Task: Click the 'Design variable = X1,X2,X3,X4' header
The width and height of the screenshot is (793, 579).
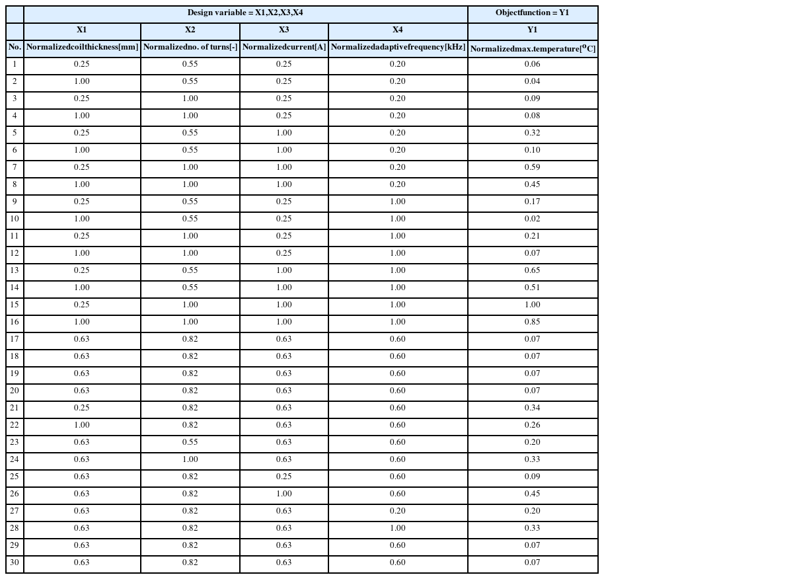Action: tap(245, 13)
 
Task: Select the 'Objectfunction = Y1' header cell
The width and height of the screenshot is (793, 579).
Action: tap(532, 13)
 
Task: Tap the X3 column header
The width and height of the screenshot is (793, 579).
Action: tap(283, 30)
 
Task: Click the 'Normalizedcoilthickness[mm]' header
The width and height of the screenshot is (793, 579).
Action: tap(82, 48)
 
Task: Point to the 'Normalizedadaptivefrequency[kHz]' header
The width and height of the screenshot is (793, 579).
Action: tap(398, 48)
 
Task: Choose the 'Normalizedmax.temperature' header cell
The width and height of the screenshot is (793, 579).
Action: tap(532, 48)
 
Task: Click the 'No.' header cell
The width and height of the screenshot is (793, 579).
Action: tap(15, 48)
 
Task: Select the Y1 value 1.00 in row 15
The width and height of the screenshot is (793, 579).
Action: tap(532, 305)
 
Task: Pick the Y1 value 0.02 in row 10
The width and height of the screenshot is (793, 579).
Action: tap(532, 219)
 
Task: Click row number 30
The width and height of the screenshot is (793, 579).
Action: tap(15, 562)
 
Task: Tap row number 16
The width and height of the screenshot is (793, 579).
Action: tap(15, 322)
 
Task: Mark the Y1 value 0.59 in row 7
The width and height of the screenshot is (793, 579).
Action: tap(532, 167)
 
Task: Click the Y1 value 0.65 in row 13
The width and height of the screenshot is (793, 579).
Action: tap(532, 270)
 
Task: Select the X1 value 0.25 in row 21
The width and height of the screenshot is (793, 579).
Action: tap(82, 408)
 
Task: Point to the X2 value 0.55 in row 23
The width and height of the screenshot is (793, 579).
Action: tap(190, 442)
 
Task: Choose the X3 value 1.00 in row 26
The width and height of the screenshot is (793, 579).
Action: tap(283, 494)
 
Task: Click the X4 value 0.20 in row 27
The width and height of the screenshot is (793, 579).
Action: tap(398, 511)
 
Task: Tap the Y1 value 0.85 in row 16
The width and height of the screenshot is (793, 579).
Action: tap(532, 322)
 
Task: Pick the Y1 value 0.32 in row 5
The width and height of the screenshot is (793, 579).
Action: tap(532, 133)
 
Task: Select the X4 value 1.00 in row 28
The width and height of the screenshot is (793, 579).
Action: tap(398, 528)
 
